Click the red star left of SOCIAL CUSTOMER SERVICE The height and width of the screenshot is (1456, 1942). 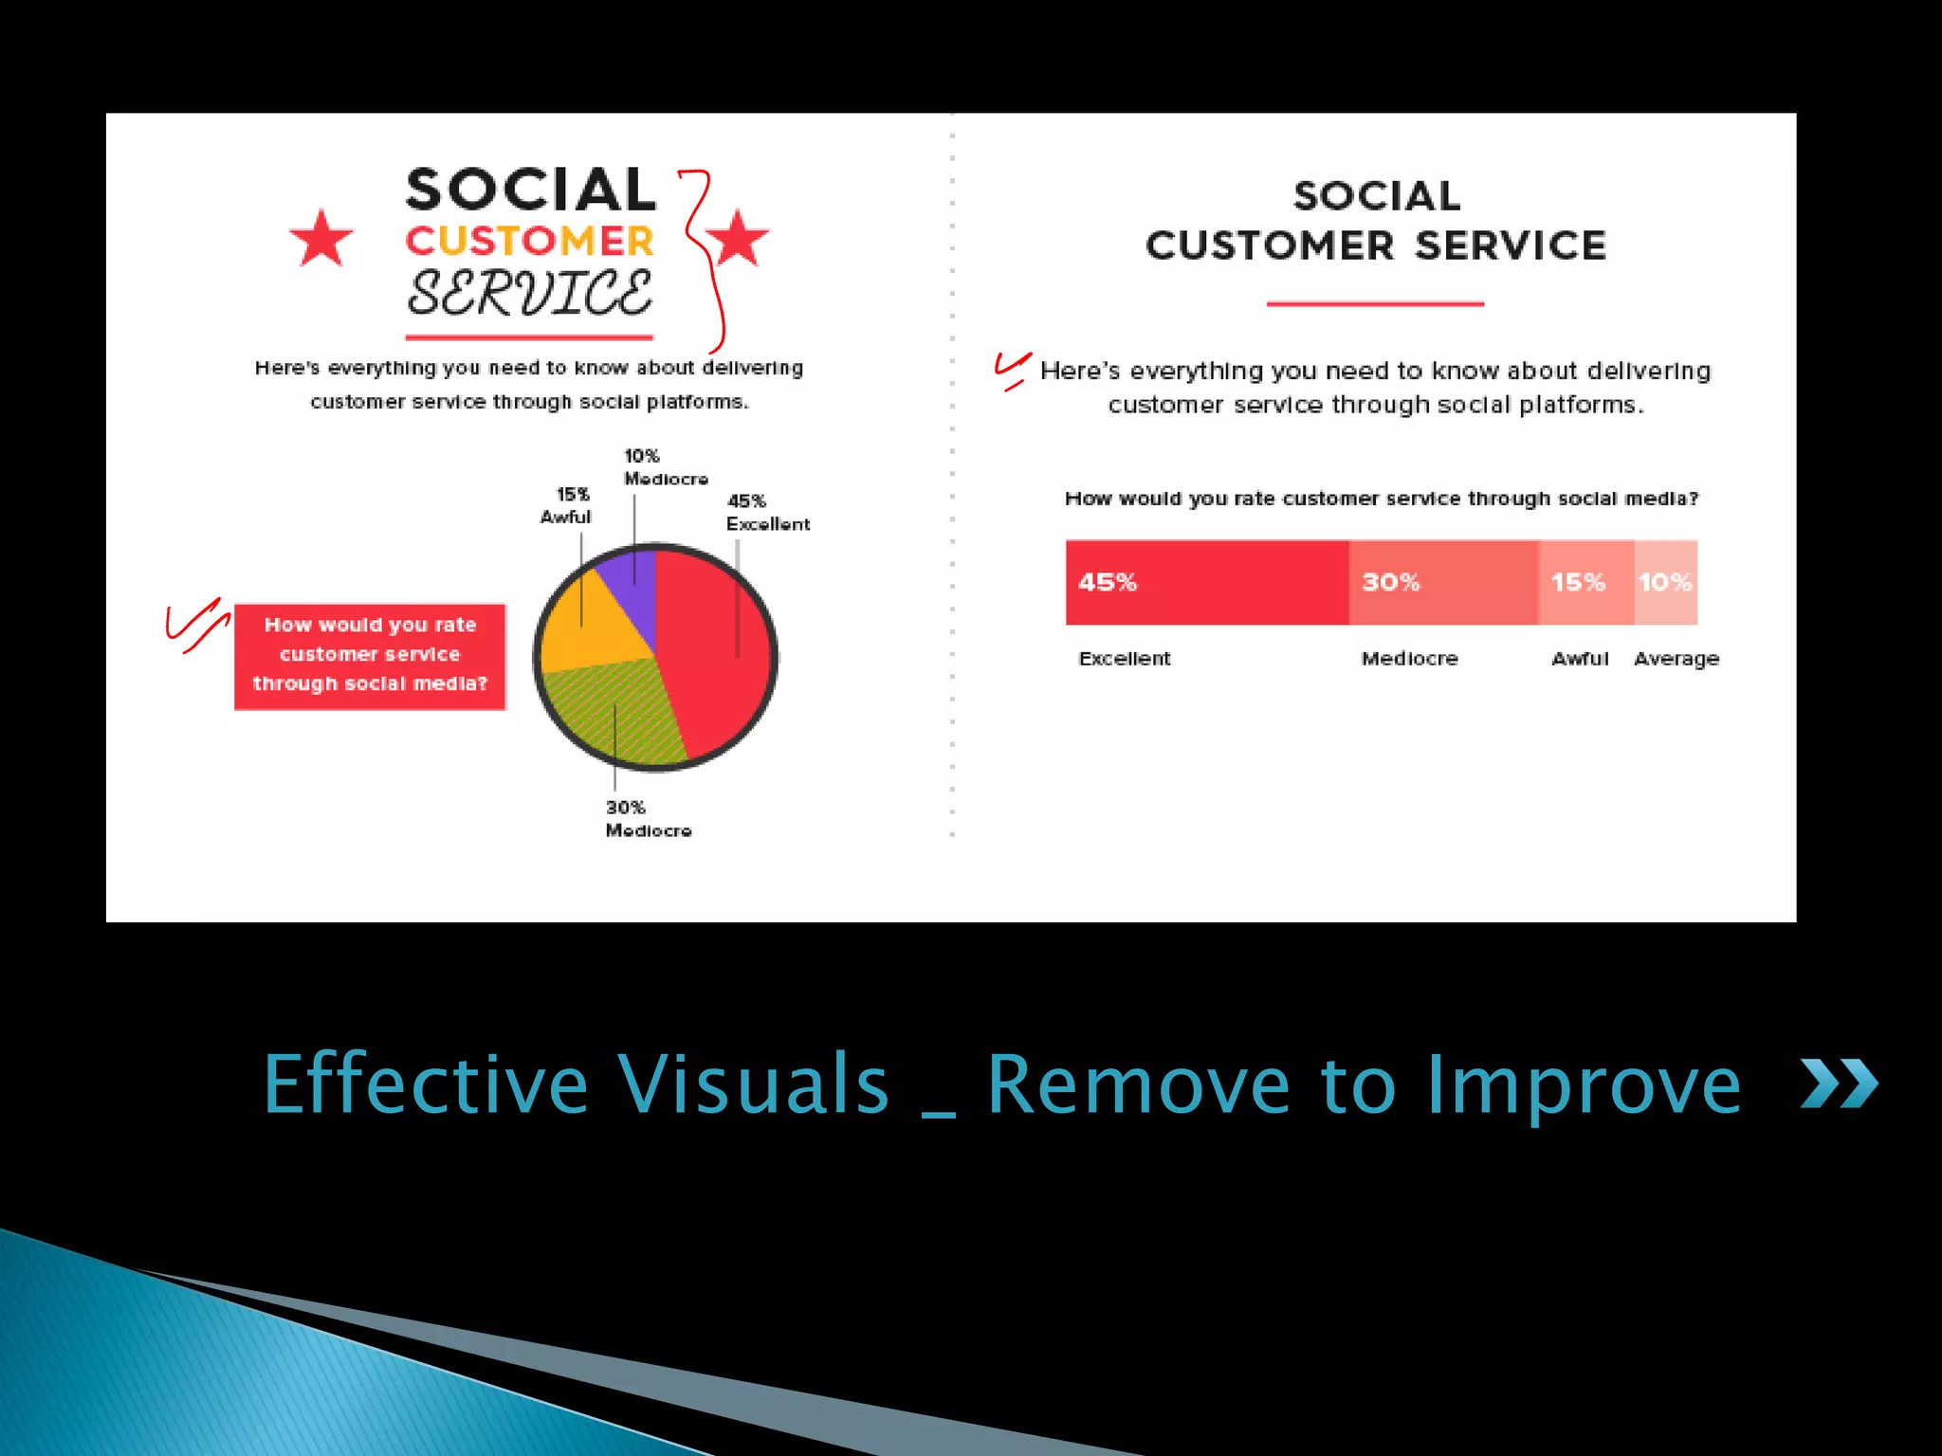point(321,239)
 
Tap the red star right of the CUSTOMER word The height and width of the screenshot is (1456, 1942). point(737,239)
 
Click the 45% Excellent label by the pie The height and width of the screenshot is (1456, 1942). point(766,513)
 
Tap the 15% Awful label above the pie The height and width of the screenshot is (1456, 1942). point(566,505)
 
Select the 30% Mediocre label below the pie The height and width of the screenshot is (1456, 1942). point(648,819)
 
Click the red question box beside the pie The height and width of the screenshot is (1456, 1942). point(370,655)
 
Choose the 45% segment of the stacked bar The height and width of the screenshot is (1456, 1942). point(1206,582)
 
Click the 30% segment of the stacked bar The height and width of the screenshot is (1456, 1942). point(1442,582)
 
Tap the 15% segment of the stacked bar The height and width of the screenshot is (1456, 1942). point(1585,582)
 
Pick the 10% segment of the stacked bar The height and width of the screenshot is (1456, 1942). point(1666,582)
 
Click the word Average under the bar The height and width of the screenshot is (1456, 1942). point(1676,659)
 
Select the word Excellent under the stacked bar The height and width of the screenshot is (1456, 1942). point(1125,659)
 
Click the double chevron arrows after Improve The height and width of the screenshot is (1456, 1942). point(1839,1083)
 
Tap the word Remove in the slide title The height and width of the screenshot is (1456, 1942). point(1138,1085)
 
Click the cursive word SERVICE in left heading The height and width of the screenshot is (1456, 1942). point(529,294)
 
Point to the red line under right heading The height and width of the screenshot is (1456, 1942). point(1375,304)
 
